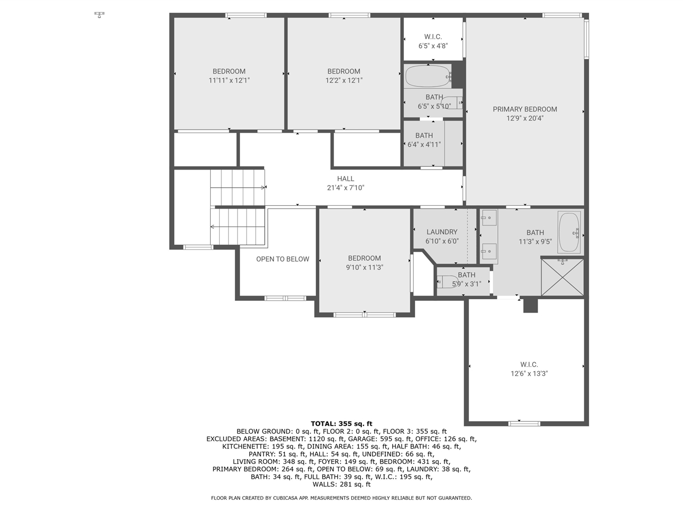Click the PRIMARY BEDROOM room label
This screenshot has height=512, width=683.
(x=525, y=109)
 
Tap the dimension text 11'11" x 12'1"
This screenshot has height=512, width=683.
(x=229, y=81)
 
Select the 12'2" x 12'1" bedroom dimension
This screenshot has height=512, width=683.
(x=344, y=81)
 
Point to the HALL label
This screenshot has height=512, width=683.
(x=345, y=179)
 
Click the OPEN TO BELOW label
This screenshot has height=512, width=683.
(x=282, y=259)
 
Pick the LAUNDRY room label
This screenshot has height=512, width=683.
(x=441, y=232)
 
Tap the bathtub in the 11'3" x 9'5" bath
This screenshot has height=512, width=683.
(x=569, y=233)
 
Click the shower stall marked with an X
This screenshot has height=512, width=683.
(x=562, y=276)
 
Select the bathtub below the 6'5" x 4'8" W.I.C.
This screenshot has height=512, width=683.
(x=428, y=76)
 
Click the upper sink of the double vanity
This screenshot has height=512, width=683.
(x=489, y=218)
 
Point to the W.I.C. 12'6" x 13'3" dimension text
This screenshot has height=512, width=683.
(x=529, y=374)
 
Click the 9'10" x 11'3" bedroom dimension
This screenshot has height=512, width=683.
(x=364, y=268)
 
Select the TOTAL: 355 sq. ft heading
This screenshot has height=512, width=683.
(x=341, y=423)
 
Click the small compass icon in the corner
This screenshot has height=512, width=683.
(x=99, y=14)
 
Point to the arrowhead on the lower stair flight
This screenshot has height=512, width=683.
(x=212, y=227)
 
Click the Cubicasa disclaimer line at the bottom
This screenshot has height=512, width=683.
(x=341, y=498)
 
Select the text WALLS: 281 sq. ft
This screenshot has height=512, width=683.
(x=341, y=484)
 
